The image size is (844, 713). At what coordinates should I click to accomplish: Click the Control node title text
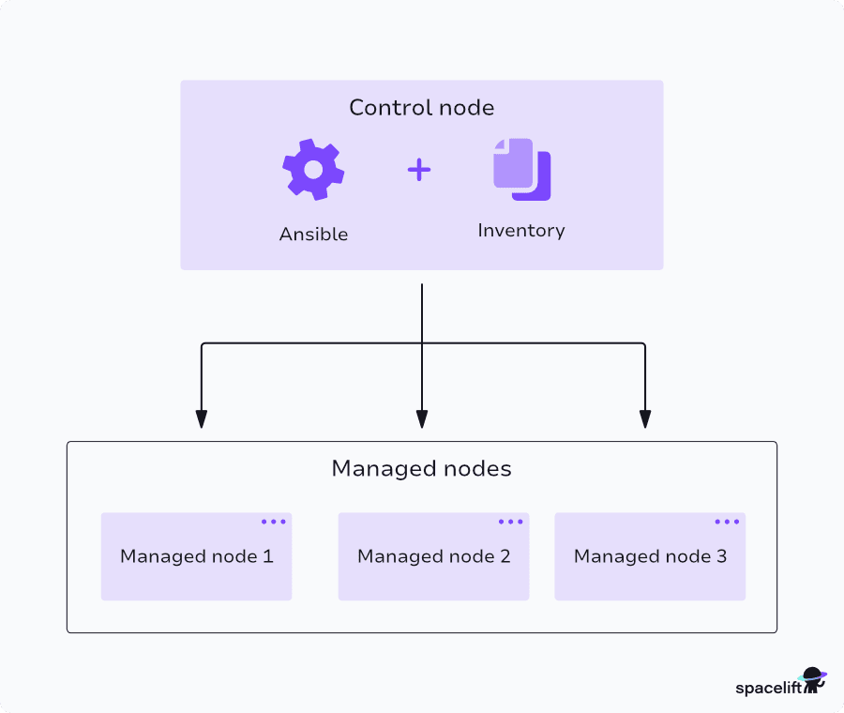click(x=421, y=108)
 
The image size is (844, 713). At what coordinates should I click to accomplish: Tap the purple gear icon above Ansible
click(x=313, y=169)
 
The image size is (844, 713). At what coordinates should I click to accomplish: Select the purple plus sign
click(x=419, y=170)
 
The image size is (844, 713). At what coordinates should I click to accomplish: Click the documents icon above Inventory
click(x=521, y=170)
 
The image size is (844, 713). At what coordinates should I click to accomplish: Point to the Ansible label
click(x=313, y=235)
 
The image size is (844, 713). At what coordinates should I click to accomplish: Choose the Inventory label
click(x=521, y=231)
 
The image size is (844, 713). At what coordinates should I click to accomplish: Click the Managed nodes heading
click(x=421, y=468)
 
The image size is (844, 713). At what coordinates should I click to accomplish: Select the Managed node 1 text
click(x=197, y=556)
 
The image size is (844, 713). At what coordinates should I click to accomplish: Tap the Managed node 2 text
click(x=433, y=556)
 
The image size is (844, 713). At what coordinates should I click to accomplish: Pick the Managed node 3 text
click(x=650, y=556)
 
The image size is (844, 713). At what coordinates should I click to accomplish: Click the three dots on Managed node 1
click(x=274, y=522)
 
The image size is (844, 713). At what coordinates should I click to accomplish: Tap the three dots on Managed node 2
click(x=511, y=522)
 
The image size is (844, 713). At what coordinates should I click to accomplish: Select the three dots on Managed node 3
click(x=727, y=522)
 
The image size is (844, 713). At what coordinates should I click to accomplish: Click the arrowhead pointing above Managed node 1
click(x=201, y=419)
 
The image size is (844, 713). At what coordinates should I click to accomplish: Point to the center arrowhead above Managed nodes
click(x=422, y=419)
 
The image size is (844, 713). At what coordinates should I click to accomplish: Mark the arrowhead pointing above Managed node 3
click(x=645, y=419)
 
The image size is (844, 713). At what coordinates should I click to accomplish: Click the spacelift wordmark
click(x=764, y=688)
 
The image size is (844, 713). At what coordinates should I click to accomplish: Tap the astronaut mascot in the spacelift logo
click(x=812, y=680)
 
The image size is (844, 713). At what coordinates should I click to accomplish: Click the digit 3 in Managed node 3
click(x=721, y=556)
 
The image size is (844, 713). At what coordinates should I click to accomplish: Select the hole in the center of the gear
click(x=313, y=169)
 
